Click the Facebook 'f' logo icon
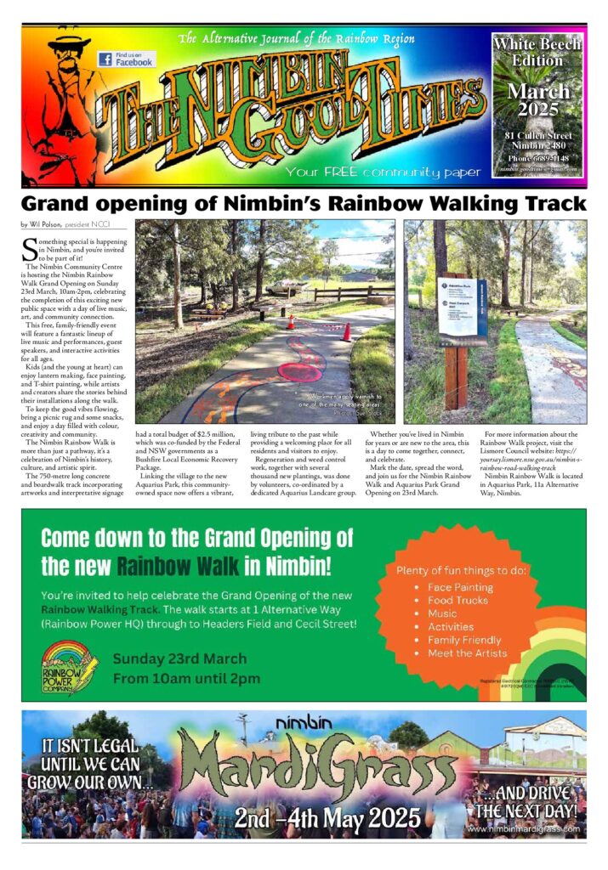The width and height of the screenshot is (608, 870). click(x=105, y=59)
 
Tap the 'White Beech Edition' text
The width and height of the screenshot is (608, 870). click(x=537, y=51)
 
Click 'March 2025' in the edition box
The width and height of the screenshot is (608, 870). click(x=538, y=100)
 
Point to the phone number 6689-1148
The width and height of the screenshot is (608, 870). click(x=538, y=158)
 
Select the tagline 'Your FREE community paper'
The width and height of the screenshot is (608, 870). click(x=384, y=172)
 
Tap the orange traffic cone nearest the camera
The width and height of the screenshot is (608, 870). click(x=346, y=331)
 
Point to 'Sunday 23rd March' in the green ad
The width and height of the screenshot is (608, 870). click(x=179, y=658)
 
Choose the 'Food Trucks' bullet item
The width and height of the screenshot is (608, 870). click(x=457, y=600)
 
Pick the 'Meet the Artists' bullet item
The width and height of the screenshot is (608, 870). click(x=467, y=653)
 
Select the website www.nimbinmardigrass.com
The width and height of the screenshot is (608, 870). click(x=524, y=828)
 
